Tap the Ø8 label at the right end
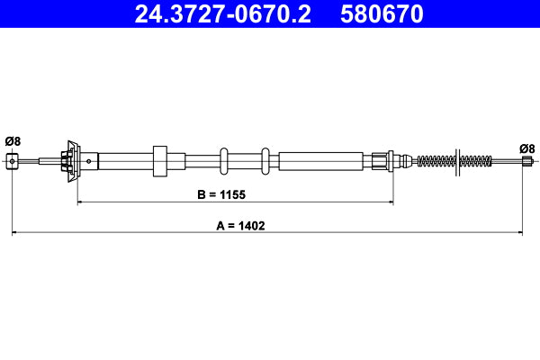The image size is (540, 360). point(526,148)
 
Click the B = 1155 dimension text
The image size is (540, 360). point(221,193)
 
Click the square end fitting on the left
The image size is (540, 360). point(13,161)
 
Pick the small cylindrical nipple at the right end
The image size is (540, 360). point(527,162)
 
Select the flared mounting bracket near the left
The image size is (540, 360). point(71,161)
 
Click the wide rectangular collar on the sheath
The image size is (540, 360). point(161,161)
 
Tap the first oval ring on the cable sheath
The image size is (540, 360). point(224,161)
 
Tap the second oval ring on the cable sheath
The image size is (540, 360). point(265,161)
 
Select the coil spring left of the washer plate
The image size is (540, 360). point(436,162)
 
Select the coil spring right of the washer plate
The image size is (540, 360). point(476,162)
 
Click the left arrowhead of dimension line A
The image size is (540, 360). point(15,234)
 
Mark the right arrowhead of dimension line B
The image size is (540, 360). point(390,202)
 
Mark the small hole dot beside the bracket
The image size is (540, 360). point(88,162)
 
